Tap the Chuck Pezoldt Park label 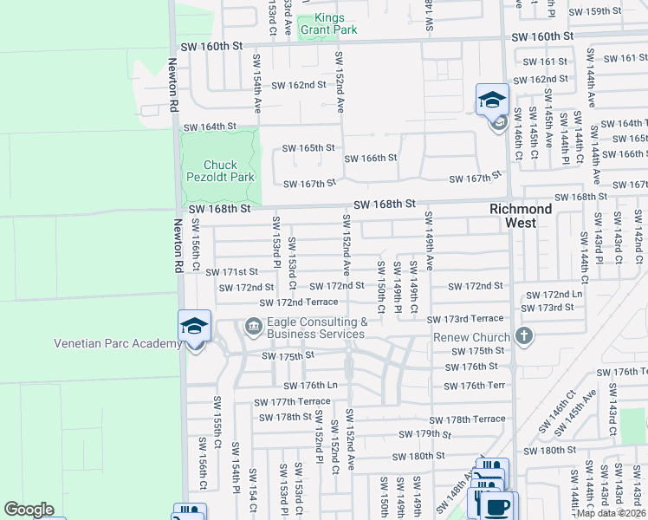[x=220, y=171]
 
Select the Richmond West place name [x=521, y=216]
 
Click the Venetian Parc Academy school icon [x=194, y=327]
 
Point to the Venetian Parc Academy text [x=118, y=343]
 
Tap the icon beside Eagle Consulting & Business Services [x=253, y=327]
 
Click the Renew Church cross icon [x=522, y=335]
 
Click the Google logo [x=29, y=510]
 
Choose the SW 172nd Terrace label [x=299, y=302]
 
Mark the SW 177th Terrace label [x=292, y=401]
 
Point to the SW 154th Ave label [x=257, y=83]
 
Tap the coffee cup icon [x=497, y=506]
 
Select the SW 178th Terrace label [x=467, y=419]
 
